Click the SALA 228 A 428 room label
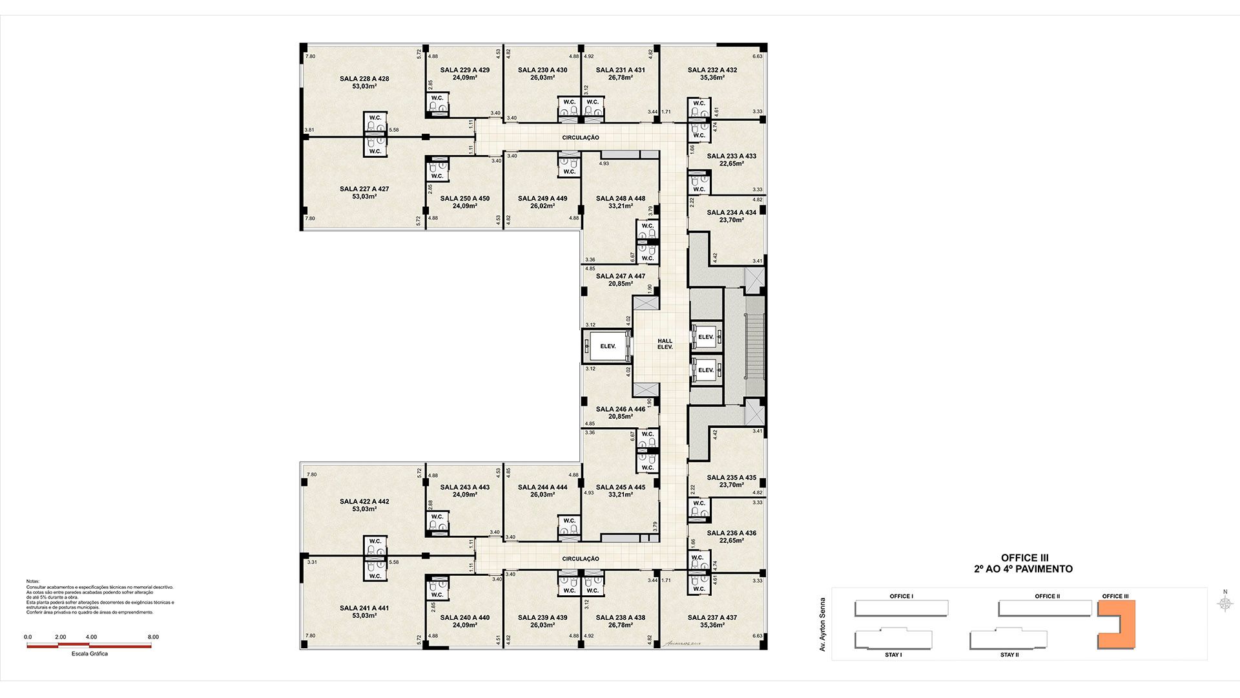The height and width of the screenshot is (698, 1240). [364, 79]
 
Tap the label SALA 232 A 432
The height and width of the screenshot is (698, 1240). [712, 70]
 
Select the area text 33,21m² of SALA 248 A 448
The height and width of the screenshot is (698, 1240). [620, 206]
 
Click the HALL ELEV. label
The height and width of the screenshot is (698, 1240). [665, 344]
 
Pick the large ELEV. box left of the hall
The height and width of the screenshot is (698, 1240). [607, 346]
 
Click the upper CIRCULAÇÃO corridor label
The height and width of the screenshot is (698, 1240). [581, 138]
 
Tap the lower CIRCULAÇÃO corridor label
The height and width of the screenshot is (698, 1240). [581, 559]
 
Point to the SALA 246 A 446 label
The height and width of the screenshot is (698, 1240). [620, 409]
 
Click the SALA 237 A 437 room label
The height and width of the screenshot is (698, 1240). [712, 617]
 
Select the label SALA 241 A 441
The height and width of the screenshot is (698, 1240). [364, 608]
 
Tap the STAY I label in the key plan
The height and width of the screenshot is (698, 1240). [893, 655]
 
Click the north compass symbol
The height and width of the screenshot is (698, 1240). [1225, 604]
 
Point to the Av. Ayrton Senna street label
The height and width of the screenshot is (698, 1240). [823, 624]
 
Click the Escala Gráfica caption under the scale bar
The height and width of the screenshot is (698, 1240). [90, 654]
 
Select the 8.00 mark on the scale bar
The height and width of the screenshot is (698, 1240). [153, 637]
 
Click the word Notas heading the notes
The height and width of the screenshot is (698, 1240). [33, 582]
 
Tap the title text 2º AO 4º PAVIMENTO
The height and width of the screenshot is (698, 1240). [1024, 569]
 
